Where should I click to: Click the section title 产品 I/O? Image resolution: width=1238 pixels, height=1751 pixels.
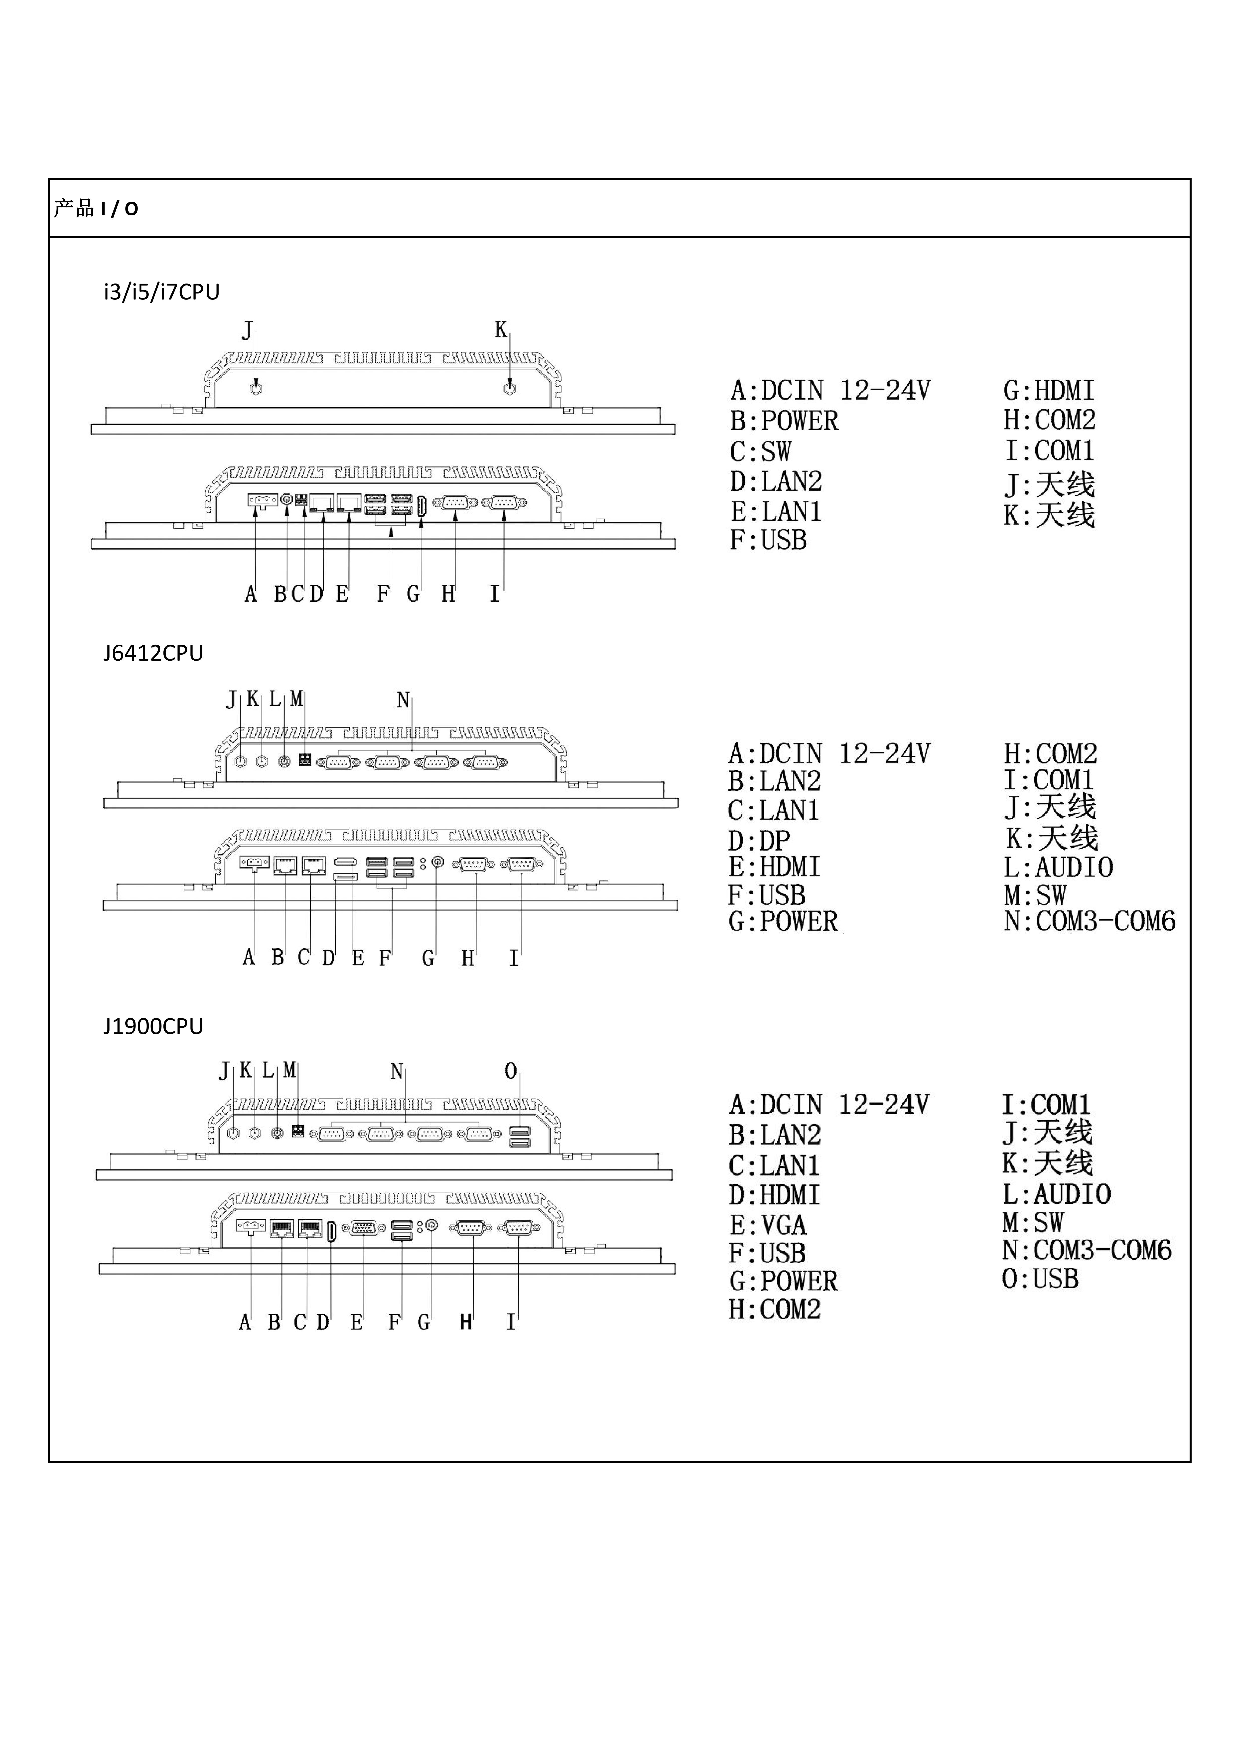coord(96,208)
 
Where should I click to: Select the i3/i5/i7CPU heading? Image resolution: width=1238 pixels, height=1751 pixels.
coord(162,292)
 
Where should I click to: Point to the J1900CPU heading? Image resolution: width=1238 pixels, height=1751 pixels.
coord(153,1026)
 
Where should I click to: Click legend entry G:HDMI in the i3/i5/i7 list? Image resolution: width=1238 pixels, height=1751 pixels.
coord(1049,391)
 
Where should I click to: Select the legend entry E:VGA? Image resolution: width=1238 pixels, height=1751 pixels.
coord(767,1225)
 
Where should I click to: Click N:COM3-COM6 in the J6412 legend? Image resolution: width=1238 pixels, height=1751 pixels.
coord(1089,921)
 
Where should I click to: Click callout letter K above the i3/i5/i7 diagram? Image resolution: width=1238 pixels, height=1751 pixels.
coord(500,329)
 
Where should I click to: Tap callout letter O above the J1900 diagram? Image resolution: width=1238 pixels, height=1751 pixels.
coord(511,1071)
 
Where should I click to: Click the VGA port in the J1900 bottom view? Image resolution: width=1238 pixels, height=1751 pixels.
coord(364,1228)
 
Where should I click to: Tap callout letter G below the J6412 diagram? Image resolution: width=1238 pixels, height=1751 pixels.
coord(429,958)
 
